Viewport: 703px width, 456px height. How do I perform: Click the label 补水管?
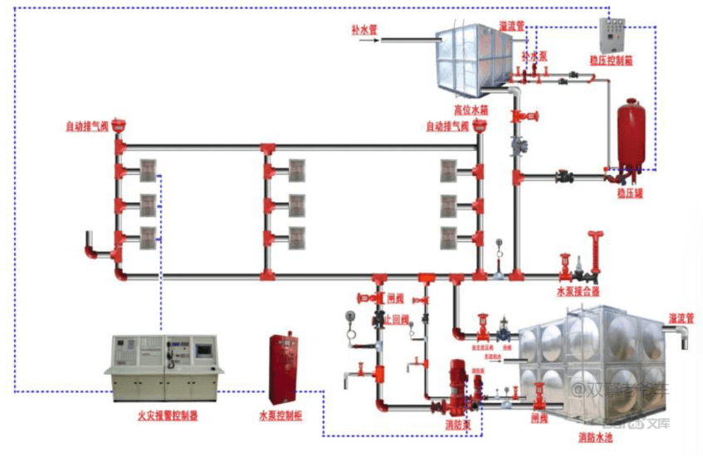pos(364,29)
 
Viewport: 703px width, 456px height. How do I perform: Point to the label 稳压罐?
pos(630,193)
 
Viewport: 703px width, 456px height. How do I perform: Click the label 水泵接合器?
pos(578,292)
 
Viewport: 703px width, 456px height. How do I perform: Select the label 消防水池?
pos(595,436)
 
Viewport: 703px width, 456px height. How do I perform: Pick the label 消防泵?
pos(456,425)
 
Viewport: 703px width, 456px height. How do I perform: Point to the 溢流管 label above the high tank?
pos(512,26)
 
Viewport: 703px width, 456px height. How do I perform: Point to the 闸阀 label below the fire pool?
pos(539,420)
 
